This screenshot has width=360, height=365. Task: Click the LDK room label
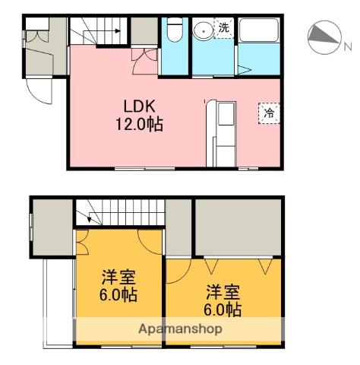(139, 106)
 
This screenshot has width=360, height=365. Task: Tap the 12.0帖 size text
(139, 124)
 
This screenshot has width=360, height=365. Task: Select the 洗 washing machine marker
(224, 28)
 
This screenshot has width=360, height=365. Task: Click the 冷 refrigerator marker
(269, 113)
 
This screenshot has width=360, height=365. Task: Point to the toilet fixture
(175, 30)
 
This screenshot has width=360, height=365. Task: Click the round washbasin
(203, 30)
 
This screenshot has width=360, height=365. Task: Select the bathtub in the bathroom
(258, 30)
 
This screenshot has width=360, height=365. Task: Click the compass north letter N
(348, 46)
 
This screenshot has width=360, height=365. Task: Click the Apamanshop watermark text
(180, 329)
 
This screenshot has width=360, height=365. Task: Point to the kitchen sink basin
(226, 114)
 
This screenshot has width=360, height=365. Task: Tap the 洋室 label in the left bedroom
(118, 278)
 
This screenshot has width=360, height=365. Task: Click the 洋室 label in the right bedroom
(223, 292)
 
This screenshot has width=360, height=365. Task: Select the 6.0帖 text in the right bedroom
(223, 309)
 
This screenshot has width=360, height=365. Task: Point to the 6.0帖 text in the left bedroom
(118, 295)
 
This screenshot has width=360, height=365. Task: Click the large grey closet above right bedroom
(238, 227)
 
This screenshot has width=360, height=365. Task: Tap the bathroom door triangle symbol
(243, 70)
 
